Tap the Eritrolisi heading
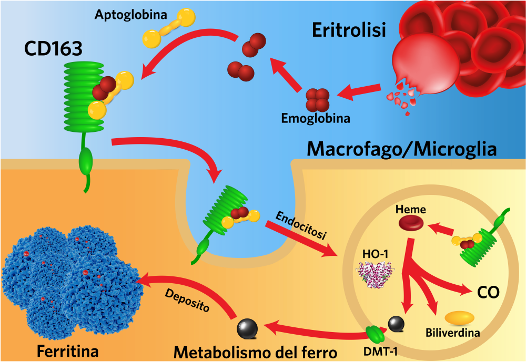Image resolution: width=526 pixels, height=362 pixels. tap(349, 30)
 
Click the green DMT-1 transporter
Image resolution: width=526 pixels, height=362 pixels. tap(374, 334)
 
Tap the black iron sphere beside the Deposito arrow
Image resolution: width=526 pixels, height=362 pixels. tap(247, 329)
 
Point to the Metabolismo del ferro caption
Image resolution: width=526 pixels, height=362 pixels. tap(256, 351)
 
